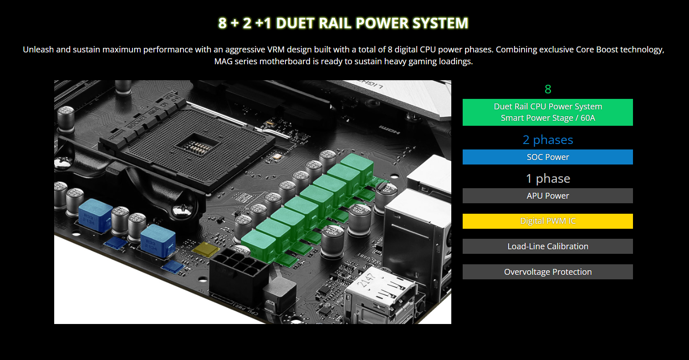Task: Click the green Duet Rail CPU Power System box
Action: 547,112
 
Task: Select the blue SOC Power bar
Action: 547,157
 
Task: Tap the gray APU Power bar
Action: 547,195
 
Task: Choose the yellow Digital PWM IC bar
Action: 547,221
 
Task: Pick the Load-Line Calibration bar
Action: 547,246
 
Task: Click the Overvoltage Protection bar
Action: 547,272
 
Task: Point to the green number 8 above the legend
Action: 548,89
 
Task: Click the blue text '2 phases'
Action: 548,140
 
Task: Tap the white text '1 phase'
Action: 548,179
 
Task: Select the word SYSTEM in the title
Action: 440,23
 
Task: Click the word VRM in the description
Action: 276,50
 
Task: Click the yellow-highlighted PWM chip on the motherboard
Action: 206,249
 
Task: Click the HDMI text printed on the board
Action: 389,130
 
